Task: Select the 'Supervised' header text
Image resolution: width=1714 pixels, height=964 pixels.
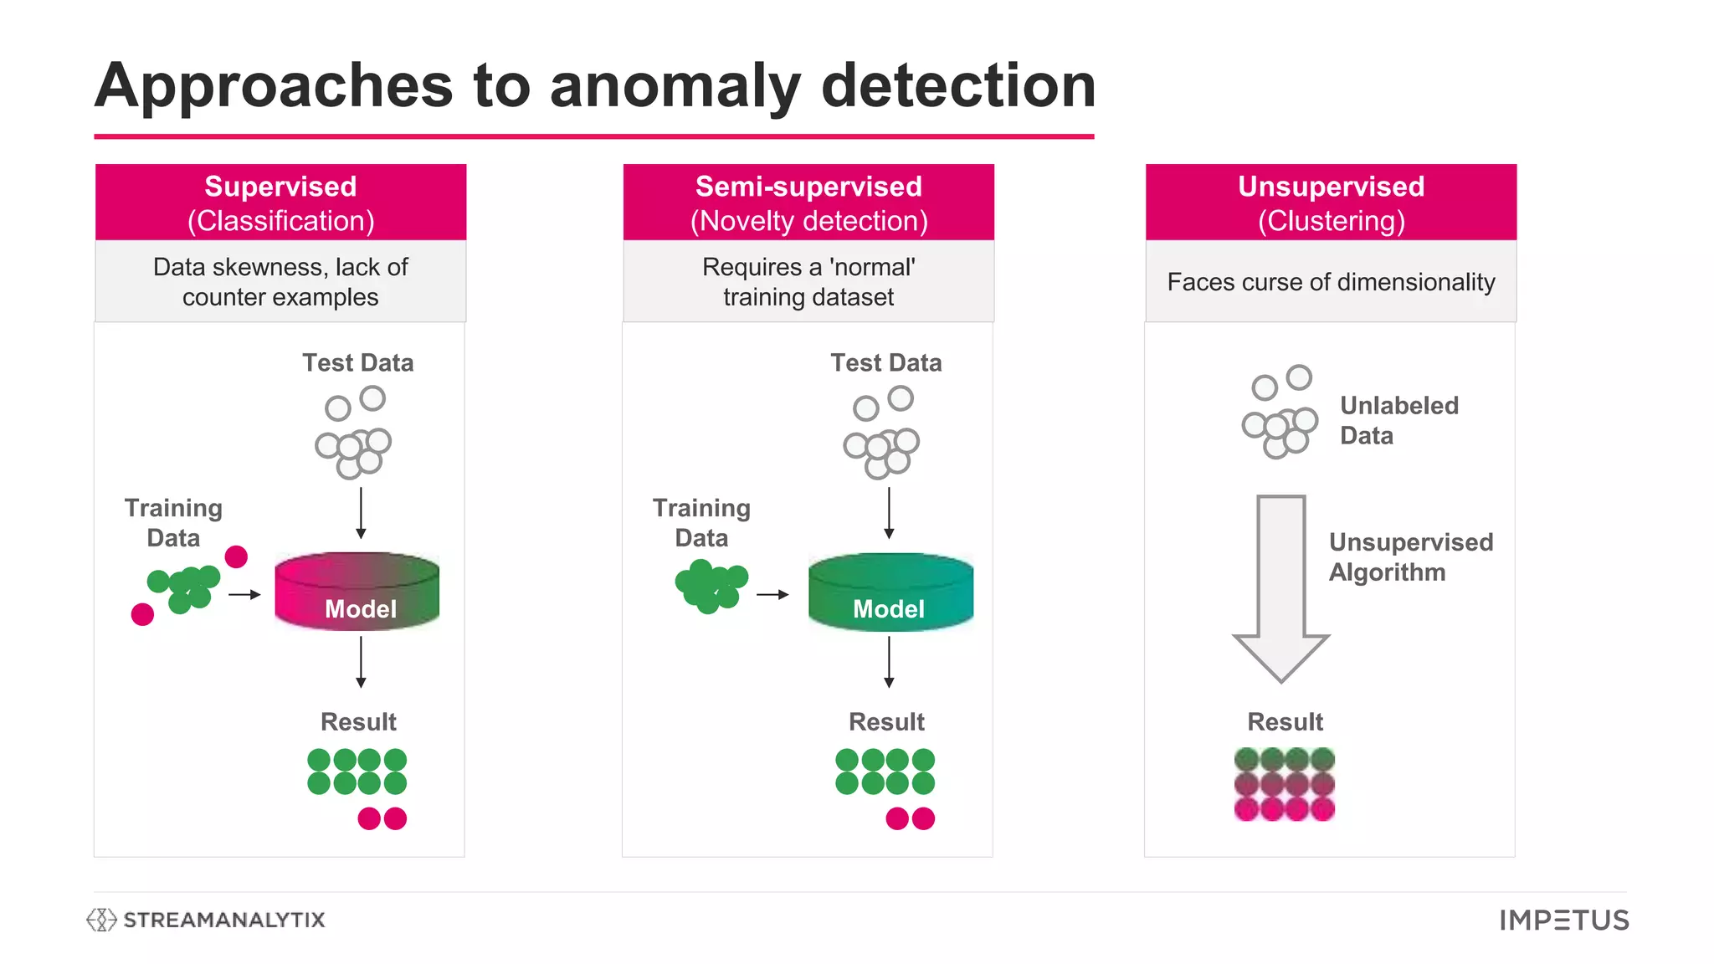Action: coord(280,186)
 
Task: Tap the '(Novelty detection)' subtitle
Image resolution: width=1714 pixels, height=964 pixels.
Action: coord(808,221)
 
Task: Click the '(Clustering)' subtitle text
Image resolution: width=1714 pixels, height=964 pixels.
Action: coord(1331,221)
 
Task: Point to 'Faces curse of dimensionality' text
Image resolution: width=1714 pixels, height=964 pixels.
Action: coord(1331,282)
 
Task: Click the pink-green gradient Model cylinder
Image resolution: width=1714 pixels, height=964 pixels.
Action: coord(357,591)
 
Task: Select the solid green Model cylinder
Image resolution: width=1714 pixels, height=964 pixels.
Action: coord(890,591)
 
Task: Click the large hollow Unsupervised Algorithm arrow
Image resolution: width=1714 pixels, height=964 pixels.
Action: coord(1281,586)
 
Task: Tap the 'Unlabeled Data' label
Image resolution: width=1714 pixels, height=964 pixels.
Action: coord(1398,420)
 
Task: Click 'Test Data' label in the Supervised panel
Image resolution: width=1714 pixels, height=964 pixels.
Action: coord(358,362)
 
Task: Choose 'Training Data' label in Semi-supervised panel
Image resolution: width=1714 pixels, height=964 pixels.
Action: coord(701,522)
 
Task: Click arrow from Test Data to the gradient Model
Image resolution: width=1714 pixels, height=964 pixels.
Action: coord(361,512)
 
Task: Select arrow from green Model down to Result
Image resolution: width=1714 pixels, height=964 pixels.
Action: coord(889,661)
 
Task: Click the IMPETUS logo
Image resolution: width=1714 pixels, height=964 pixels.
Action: coord(1563,920)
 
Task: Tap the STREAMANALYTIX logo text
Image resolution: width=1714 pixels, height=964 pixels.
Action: coord(223,920)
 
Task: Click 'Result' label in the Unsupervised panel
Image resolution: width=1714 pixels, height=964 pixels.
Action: coord(1285,721)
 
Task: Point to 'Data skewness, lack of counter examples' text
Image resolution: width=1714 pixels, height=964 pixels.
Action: coord(280,282)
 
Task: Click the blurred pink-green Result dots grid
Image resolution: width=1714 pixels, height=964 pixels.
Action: coord(1284,784)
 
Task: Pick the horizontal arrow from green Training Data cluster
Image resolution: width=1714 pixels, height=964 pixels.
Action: coord(772,594)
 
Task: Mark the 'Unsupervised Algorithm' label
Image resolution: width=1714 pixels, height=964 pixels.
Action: coord(1410,557)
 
